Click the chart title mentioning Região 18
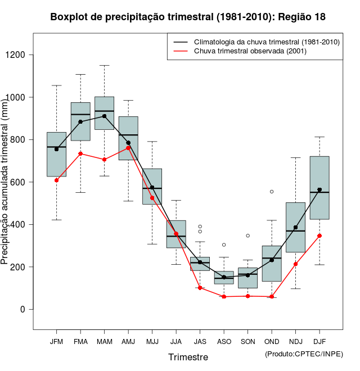click(x=187, y=17)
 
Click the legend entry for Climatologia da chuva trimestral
click(x=266, y=42)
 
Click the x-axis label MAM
click(x=105, y=341)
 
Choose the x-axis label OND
click(x=272, y=341)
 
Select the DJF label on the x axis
click(x=319, y=341)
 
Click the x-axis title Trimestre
click(x=188, y=357)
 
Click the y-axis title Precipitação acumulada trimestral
click(x=5, y=182)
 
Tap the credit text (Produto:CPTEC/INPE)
click(x=304, y=354)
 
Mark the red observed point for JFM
click(x=57, y=180)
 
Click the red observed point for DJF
click(x=319, y=236)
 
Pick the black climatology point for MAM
click(x=105, y=116)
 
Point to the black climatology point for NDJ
click(x=296, y=228)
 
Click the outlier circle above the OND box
click(x=272, y=192)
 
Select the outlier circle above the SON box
click(x=248, y=236)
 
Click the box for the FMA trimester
click(x=80, y=121)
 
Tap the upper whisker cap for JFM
click(x=57, y=85)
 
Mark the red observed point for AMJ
click(x=128, y=148)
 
